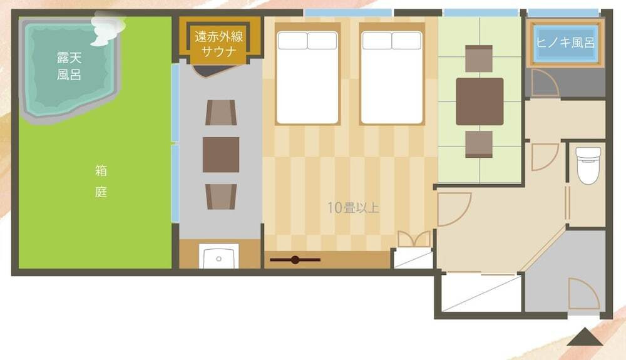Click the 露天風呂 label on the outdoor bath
[x=69, y=66]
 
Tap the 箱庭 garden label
[x=101, y=181]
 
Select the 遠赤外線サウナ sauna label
[x=218, y=44]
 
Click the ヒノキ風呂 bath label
[x=565, y=43]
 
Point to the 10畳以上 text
[x=353, y=207]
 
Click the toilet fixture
[x=588, y=165]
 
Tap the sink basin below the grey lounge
[x=218, y=256]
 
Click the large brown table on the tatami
[x=480, y=101]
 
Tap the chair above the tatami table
[x=479, y=59]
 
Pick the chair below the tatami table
[x=479, y=144]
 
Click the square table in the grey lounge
[x=221, y=155]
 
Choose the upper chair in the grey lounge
[x=221, y=113]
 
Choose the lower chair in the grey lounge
[x=221, y=197]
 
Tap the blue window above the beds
[x=348, y=13]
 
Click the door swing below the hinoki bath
[x=545, y=83]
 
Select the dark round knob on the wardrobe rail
[x=295, y=260]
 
